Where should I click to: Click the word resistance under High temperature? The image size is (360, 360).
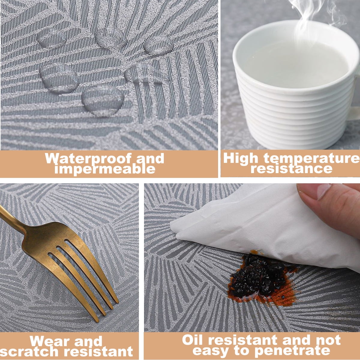click(x=292, y=169)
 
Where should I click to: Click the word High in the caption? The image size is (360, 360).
click(x=241, y=159)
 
